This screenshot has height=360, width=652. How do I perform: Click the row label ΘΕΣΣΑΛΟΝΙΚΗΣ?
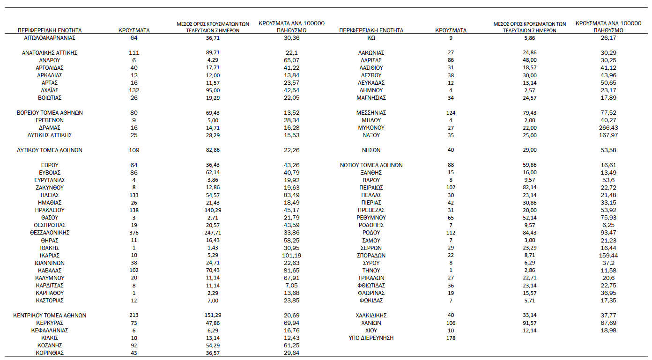pos(50,233)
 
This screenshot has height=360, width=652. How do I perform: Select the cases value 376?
pos(134,233)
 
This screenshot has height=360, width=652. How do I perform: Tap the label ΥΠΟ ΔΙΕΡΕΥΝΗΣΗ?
pos(371,338)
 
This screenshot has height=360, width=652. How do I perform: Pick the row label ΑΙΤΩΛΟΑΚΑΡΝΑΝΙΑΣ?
pos(50,38)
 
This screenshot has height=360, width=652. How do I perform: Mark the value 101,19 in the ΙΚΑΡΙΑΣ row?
pos(291,256)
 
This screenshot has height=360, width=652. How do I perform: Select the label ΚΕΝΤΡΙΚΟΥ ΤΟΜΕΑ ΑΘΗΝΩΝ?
pos(50,316)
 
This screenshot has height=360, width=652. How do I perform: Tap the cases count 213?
pos(134,316)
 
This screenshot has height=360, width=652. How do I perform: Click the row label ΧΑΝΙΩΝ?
pos(371,323)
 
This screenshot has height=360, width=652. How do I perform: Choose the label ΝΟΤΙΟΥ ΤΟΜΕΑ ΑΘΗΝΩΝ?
pos(371,165)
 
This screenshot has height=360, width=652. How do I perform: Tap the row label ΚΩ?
pos(371,38)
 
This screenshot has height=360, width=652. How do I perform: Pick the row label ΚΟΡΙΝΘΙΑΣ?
pos(50,353)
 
